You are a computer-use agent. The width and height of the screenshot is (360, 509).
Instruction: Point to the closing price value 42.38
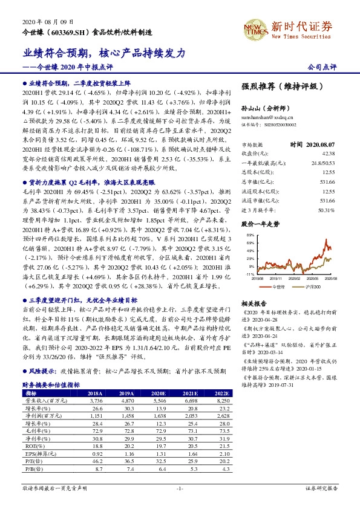click(x=326, y=154)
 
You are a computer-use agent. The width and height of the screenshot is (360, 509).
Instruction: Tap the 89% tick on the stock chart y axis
click(x=249, y=234)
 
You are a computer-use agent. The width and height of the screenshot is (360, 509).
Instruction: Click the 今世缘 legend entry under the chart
click(x=277, y=285)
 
